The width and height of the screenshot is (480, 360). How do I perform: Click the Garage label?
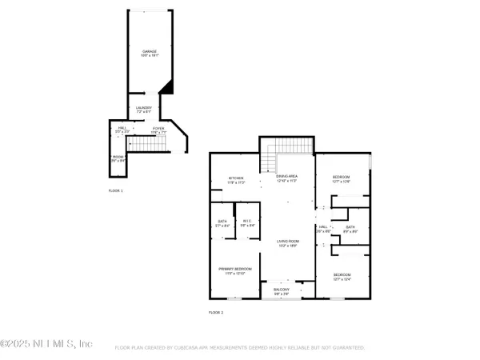tap(150, 54)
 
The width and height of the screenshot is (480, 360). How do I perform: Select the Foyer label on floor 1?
tap(158, 129)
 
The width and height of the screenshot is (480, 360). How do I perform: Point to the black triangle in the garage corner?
tap(166, 86)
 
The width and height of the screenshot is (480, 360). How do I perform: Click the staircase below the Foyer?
tap(146, 144)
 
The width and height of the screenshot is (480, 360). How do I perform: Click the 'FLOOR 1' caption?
tap(116, 190)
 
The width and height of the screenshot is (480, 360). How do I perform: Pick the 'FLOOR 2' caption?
tap(216, 312)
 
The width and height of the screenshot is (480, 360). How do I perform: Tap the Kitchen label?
tap(236, 180)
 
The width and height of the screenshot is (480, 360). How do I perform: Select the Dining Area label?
tap(286, 180)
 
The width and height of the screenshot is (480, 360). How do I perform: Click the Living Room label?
tap(288, 243)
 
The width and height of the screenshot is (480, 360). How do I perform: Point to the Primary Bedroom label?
tap(235, 270)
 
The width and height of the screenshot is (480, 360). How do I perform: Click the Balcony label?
tap(282, 291)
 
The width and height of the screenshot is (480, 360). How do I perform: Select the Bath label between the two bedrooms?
tap(350, 229)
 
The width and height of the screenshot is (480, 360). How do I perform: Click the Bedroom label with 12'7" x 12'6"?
tap(342, 180)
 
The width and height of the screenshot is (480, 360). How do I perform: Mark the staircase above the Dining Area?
tap(287, 150)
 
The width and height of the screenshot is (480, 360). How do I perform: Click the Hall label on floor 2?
tap(323, 229)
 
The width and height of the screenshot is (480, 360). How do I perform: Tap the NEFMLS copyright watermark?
tap(46, 344)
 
